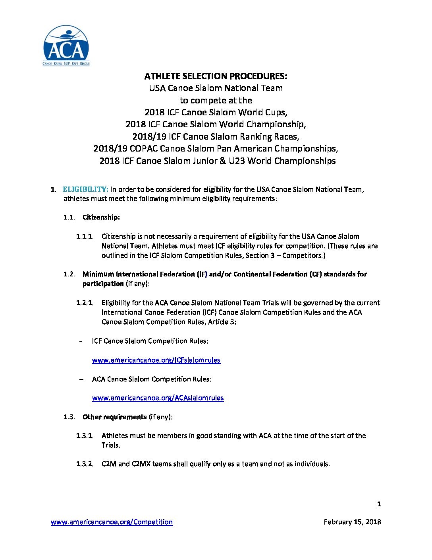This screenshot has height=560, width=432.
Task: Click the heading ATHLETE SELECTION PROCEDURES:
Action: tap(216, 76)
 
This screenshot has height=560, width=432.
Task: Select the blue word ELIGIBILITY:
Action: tap(85, 189)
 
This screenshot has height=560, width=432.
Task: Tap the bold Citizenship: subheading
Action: tap(101, 217)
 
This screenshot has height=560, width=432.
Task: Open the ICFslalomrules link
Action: tap(156, 360)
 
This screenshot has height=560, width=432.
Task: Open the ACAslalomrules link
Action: tap(158, 398)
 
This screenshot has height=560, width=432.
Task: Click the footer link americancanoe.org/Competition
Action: tap(112, 522)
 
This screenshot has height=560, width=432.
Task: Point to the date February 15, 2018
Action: tap(352, 522)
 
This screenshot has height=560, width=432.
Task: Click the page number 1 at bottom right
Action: tap(379, 504)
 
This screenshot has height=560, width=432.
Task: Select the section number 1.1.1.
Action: tap(85, 236)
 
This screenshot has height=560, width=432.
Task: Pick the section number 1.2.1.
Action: tap(85, 303)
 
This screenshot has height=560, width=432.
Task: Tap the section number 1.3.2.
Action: tap(85, 464)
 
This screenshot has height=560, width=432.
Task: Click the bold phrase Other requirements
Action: tap(114, 417)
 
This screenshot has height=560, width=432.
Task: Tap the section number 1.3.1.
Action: tap(85, 436)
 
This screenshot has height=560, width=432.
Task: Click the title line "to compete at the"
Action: tap(216, 100)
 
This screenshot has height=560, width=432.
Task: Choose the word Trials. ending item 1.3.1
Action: tap(111, 445)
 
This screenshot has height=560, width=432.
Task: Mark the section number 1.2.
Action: tap(69, 274)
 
